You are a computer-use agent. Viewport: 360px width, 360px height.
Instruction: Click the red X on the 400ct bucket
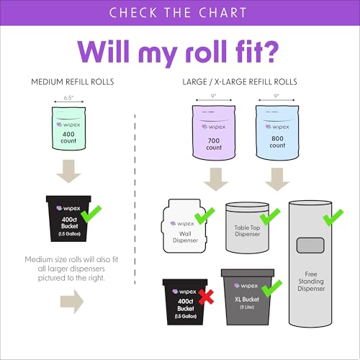(x=207, y=297)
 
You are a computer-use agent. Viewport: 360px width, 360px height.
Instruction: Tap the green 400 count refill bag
(x=69, y=129)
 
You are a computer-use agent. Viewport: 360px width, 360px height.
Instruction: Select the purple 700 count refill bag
(x=214, y=132)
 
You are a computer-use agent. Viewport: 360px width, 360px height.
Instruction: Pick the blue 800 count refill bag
(x=277, y=132)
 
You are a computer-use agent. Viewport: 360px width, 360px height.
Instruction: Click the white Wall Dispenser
(x=185, y=226)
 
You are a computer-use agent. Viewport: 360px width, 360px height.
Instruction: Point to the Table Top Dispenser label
(x=247, y=230)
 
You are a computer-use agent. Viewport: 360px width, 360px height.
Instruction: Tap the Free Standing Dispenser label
(x=311, y=281)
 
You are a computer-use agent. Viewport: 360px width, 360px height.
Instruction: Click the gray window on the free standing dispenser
(x=310, y=246)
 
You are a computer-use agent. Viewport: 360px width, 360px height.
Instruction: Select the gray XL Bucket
(x=248, y=297)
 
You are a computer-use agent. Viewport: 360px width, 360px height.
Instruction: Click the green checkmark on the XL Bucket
(x=271, y=289)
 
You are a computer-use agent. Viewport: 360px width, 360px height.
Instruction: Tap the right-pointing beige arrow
(x=72, y=301)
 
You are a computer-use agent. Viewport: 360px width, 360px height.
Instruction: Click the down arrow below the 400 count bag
(x=68, y=171)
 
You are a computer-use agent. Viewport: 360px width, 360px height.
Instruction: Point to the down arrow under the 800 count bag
(x=277, y=179)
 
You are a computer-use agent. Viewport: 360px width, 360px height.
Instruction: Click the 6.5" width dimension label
(x=68, y=98)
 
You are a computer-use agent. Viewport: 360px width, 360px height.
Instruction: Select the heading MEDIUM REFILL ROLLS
(x=73, y=82)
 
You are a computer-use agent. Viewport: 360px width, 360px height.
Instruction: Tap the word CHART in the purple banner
(x=222, y=12)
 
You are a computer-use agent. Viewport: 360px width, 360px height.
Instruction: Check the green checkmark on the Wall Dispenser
(x=204, y=216)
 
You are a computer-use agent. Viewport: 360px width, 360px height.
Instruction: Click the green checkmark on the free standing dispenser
(x=333, y=217)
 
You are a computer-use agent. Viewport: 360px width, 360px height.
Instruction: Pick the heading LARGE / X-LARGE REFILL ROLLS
(x=240, y=82)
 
